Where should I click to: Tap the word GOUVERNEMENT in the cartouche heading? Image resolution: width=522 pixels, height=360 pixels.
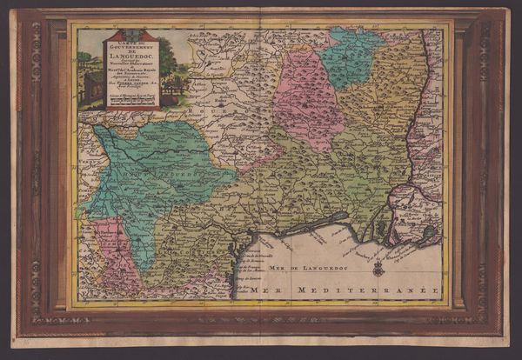pos(131,47)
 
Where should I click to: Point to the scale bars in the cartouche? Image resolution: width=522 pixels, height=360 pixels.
pos(131,99)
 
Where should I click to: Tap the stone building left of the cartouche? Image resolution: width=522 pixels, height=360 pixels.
pos(91,87)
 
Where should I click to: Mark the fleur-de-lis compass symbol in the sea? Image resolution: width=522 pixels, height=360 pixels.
pos(378,267)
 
